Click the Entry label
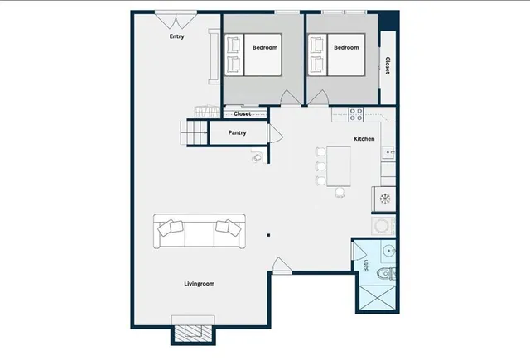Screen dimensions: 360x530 point(176,36)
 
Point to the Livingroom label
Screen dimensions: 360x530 point(199,284)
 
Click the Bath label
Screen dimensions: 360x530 point(365,266)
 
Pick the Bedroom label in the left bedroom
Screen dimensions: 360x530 point(265,48)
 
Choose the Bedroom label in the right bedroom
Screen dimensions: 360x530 point(346,48)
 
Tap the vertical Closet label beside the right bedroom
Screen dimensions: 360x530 point(387,65)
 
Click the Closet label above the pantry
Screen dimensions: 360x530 point(241,114)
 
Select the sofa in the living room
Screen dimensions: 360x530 point(199,232)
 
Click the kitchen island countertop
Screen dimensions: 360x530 point(340,166)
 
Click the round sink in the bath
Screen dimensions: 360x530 point(389,252)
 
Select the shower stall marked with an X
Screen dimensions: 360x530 point(377,296)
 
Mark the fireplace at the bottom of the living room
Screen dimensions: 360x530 point(193,330)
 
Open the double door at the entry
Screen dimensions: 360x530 point(176,18)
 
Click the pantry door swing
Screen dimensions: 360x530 point(276,134)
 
